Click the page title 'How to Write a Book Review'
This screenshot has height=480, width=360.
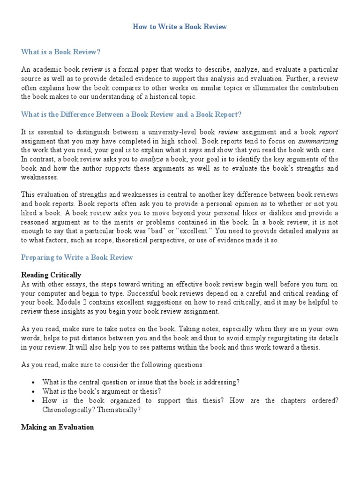coord(180,27)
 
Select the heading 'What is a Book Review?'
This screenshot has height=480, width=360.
coord(61,52)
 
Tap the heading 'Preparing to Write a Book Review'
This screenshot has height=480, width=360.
coord(77,257)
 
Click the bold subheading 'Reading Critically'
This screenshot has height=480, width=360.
coord(51,275)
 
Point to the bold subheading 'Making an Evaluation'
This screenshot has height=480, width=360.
coord(58,427)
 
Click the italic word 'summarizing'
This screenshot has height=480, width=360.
coord(318,141)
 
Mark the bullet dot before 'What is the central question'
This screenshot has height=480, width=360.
coord(33,382)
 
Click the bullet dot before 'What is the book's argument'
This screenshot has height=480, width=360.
coord(33,391)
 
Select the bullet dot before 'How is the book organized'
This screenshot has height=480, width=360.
coord(33,400)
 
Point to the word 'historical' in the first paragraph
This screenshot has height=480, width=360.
coord(162,97)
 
